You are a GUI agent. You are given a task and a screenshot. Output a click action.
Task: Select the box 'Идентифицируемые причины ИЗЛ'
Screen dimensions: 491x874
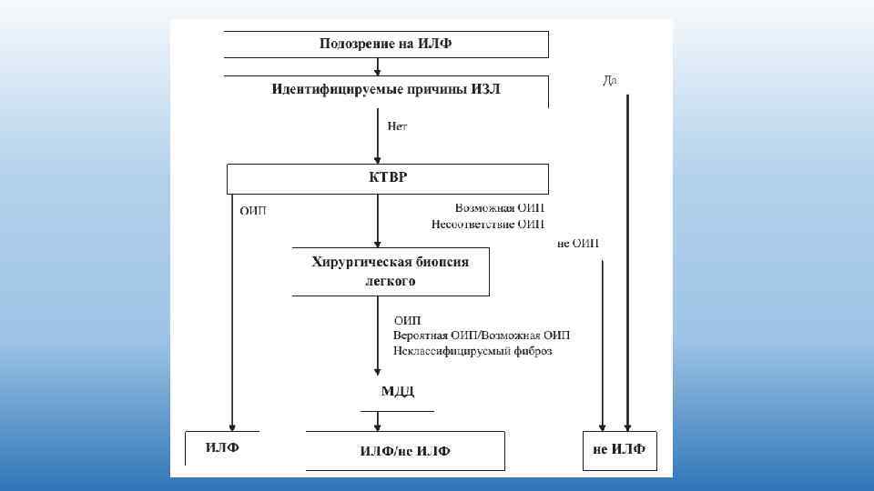point(386,90)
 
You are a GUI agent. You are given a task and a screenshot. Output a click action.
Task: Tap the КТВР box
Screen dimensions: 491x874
point(387,177)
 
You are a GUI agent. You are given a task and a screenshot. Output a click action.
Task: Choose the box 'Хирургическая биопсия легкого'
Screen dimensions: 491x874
point(391,271)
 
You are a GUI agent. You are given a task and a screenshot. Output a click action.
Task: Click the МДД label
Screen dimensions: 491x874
point(397,391)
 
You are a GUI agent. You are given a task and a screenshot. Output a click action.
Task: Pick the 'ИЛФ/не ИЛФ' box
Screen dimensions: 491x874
point(405,451)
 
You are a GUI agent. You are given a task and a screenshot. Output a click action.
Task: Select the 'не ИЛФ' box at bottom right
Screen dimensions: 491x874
point(619,449)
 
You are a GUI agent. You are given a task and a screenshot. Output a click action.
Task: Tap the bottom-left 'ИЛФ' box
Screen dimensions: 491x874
point(222,447)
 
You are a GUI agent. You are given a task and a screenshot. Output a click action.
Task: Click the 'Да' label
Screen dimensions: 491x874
point(610,81)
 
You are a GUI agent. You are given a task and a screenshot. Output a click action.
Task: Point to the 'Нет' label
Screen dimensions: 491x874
point(397,126)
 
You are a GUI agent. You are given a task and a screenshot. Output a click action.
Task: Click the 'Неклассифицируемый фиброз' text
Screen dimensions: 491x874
point(473,350)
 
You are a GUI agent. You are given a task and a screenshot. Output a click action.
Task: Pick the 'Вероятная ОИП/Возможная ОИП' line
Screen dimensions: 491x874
point(482,336)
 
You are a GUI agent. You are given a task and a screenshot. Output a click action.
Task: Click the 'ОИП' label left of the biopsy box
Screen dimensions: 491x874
point(253,211)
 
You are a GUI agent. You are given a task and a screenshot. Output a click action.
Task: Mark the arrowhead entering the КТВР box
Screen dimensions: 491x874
point(378,159)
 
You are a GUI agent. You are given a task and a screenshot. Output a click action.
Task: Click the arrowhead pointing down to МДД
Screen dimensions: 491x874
point(378,371)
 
